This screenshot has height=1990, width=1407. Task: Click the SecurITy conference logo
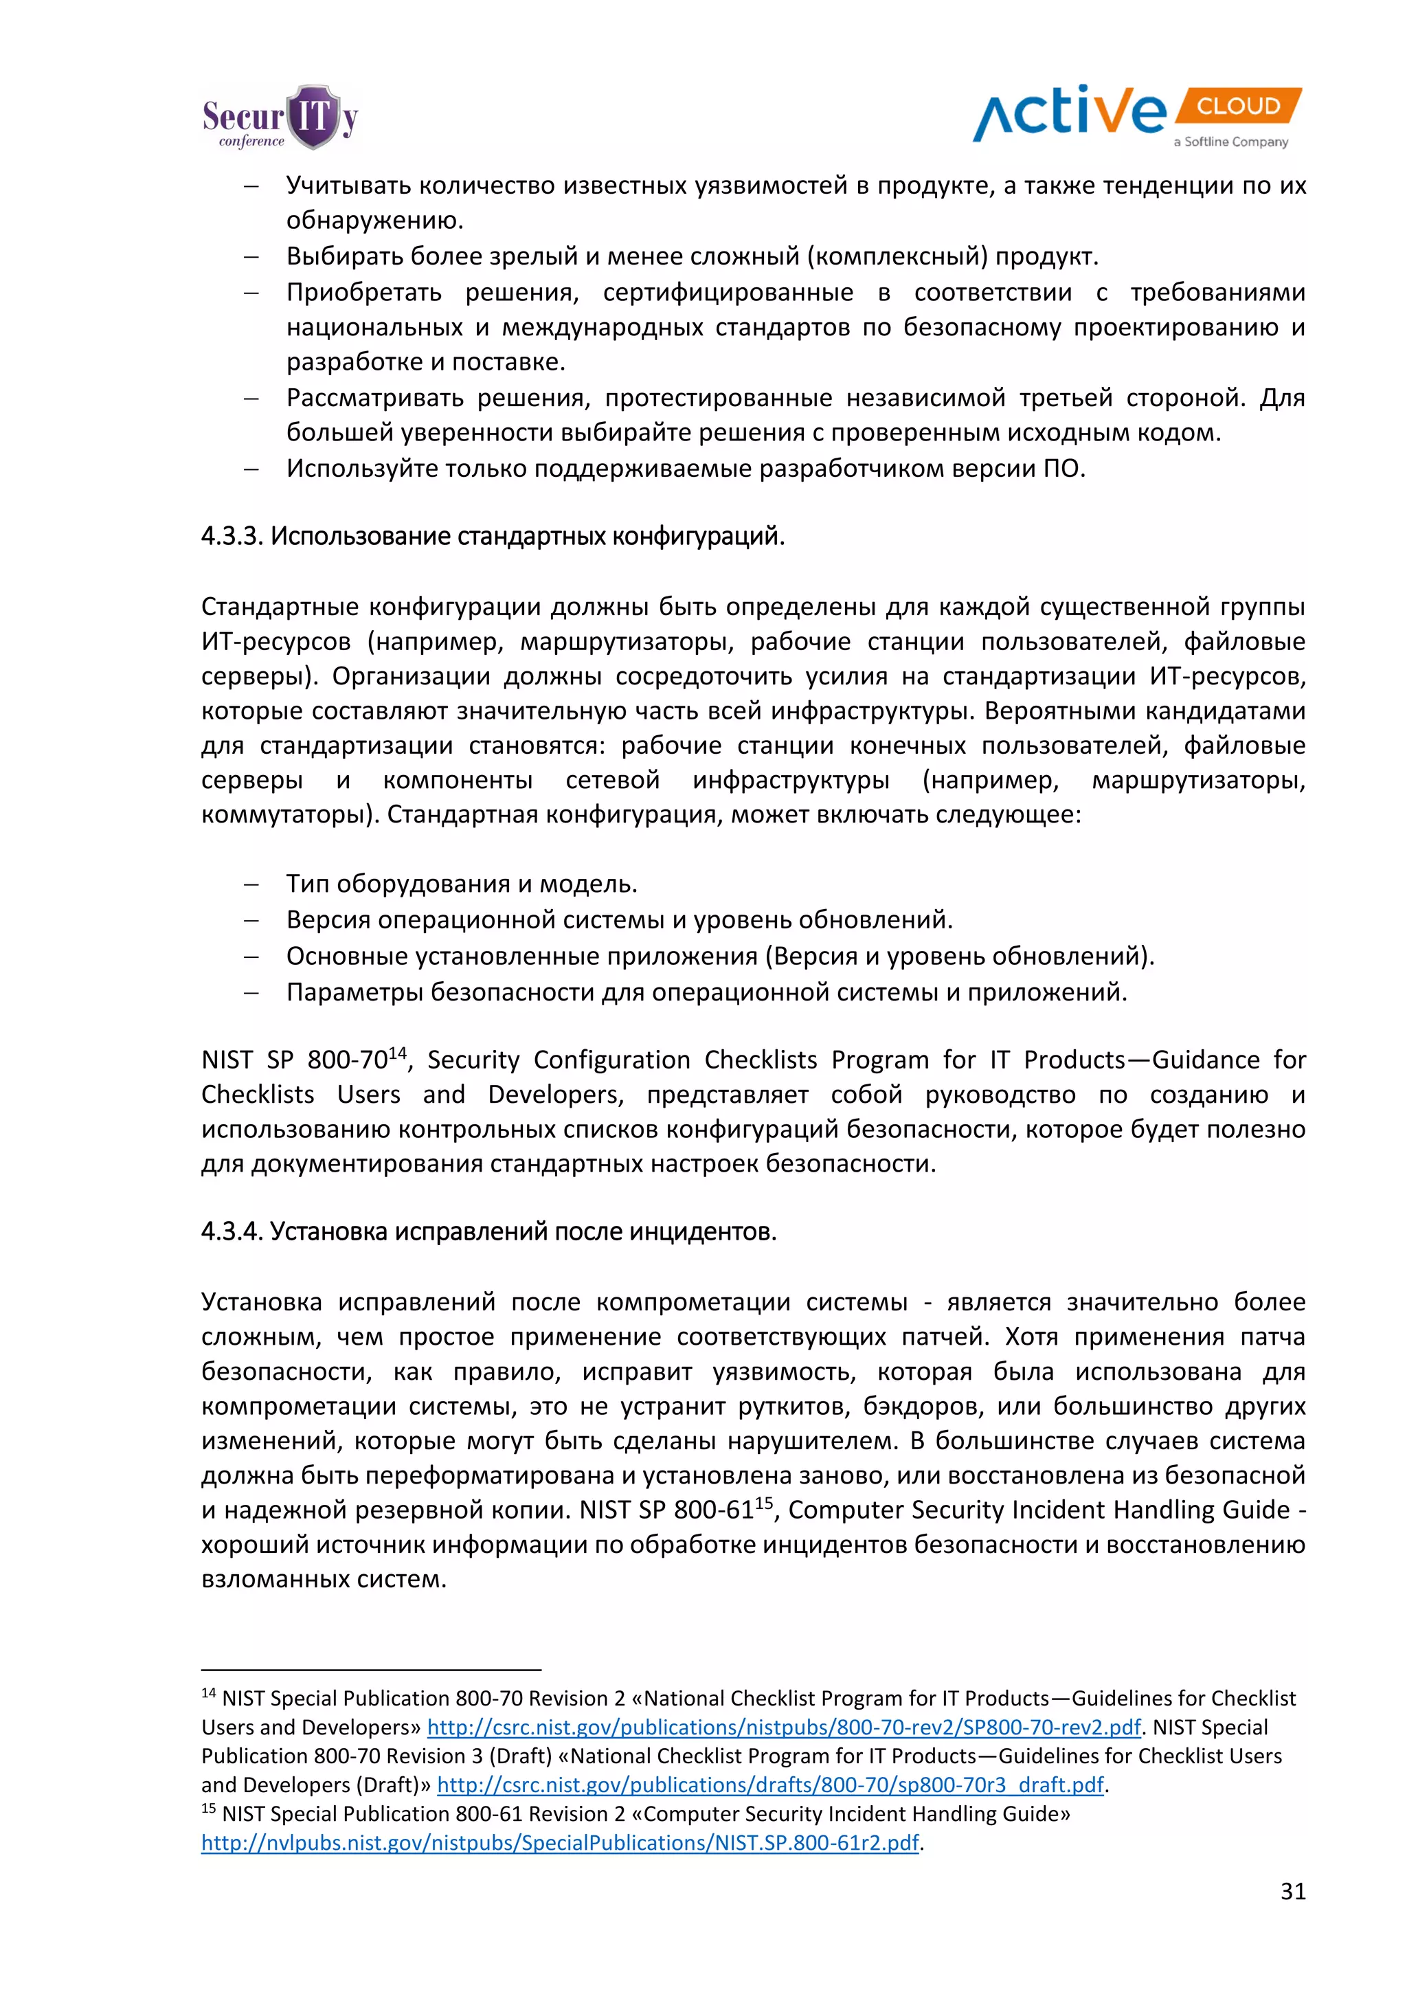[280, 118]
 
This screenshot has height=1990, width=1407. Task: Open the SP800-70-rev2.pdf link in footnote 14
[783, 1727]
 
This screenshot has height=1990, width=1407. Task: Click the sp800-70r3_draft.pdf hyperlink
[770, 1785]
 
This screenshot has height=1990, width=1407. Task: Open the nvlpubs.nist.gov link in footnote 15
[560, 1843]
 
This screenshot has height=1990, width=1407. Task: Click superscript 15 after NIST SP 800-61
[763, 1503]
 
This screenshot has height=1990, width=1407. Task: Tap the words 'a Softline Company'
[1230, 142]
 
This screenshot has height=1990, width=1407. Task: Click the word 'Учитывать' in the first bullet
[349, 186]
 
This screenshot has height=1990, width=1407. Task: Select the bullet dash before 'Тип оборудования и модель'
[251, 885]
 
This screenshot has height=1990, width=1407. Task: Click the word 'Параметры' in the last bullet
[355, 992]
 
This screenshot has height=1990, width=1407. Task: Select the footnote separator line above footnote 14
[371, 1668]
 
